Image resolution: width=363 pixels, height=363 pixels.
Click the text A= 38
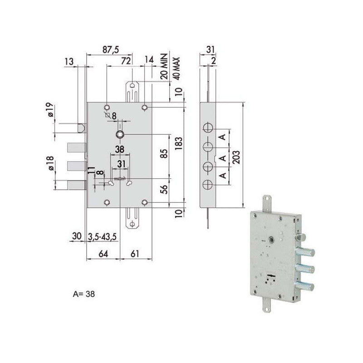(x=84, y=293)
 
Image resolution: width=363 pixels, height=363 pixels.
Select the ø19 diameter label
(x=50, y=110)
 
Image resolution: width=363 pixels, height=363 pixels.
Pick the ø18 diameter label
(x=50, y=162)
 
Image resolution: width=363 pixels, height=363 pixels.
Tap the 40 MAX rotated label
(x=177, y=67)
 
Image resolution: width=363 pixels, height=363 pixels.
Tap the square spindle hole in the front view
(x=121, y=134)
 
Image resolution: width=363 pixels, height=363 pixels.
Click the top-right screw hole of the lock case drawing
(x=144, y=107)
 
